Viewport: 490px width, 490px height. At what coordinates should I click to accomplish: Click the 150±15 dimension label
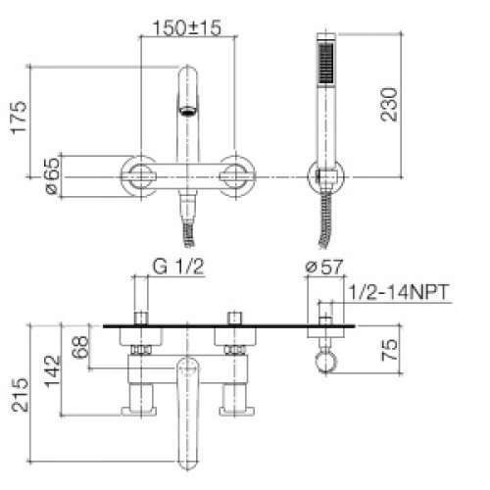pos(187,28)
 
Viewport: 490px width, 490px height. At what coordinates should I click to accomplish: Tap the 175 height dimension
pos(19,117)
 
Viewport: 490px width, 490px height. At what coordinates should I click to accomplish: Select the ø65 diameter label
pos(52,176)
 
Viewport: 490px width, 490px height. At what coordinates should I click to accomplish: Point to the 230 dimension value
pos(389,105)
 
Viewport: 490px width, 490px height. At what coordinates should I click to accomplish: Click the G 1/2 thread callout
pos(178,268)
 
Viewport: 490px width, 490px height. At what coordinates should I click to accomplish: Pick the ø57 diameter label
pos(324,268)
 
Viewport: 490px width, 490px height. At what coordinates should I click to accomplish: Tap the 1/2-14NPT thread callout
pos(399,292)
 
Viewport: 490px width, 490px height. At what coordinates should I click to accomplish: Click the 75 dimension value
pos(389,350)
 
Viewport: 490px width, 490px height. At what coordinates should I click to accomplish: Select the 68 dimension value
pos(80,347)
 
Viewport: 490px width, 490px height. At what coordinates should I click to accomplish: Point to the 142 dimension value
pos(53,371)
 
